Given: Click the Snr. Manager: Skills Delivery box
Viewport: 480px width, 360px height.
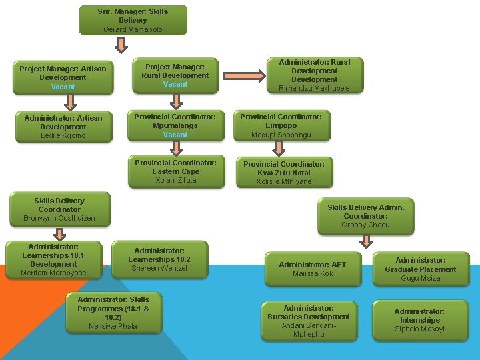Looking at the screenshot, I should coord(133,19).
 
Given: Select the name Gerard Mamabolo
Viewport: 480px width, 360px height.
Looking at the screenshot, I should coord(133,29).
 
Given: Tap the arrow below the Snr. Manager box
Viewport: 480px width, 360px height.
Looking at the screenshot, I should coord(121,45).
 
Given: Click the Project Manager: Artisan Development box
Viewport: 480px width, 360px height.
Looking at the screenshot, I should coord(63,77).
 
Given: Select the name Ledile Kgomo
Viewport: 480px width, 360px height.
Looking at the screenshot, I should coord(63,135).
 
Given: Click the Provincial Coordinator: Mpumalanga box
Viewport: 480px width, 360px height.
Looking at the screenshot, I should coord(175,125).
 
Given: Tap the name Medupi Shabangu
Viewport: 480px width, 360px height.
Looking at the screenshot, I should coord(281,135).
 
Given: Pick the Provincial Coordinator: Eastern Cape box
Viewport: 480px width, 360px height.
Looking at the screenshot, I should coord(175,171).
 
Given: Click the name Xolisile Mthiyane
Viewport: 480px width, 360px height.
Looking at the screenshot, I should coord(284,181).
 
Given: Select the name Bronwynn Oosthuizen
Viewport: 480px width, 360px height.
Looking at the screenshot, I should coord(59,218).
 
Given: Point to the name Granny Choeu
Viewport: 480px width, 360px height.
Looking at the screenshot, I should coord(365,225).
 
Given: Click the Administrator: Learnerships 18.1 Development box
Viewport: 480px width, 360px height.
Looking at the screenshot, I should coord(53,259).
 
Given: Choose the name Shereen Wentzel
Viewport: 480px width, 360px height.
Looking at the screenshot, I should coord(159,268).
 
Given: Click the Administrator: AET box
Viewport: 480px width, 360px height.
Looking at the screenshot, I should coord(313,269).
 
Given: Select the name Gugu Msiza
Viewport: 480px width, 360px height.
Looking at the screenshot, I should coord(420,278).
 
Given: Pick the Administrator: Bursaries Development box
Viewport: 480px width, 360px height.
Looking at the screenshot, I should coord(309,321).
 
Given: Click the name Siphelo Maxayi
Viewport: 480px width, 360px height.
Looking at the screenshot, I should coord(420,329).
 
